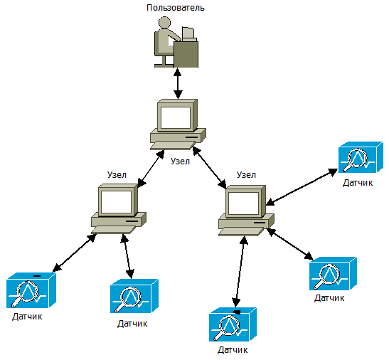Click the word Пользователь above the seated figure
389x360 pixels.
pyautogui.click(x=176, y=8)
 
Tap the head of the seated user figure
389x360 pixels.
pyautogui.click(x=164, y=22)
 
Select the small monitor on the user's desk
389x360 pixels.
pyautogui.click(x=188, y=33)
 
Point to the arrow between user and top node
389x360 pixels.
pyautogui.click(x=178, y=83)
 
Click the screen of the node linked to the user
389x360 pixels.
pyautogui.click(x=176, y=117)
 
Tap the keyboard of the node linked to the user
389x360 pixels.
pyautogui.click(x=173, y=146)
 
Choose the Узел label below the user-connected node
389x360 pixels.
pyautogui.click(x=180, y=162)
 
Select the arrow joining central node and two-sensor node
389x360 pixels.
pyautogui.click(x=151, y=169)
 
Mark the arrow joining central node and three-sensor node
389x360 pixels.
pyautogui.click(x=209, y=167)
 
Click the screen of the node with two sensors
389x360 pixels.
pyautogui.click(x=116, y=202)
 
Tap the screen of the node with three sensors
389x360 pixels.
pyautogui.click(x=244, y=203)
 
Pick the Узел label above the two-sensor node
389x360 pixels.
pyautogui.click(x=117, y=175)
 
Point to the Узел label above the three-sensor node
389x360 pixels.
pyautogui.click(x=246, y=175)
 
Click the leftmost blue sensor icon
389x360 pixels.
pyautogui.click(x=31, y=290)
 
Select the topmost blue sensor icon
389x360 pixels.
pyautogui.click(x=361, y=157)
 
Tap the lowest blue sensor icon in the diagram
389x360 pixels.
pyautogui.click(x=233, y=324)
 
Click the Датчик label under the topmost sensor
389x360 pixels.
pyautogui.click(x=358, y=183)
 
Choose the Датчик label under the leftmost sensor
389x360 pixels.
pyautogui.click(x=27, y=317)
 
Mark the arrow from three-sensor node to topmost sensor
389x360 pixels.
pyautogui.click(x=302, y=187)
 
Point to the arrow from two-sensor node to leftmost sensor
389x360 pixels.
pyautogui.click(x=75, y=253)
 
